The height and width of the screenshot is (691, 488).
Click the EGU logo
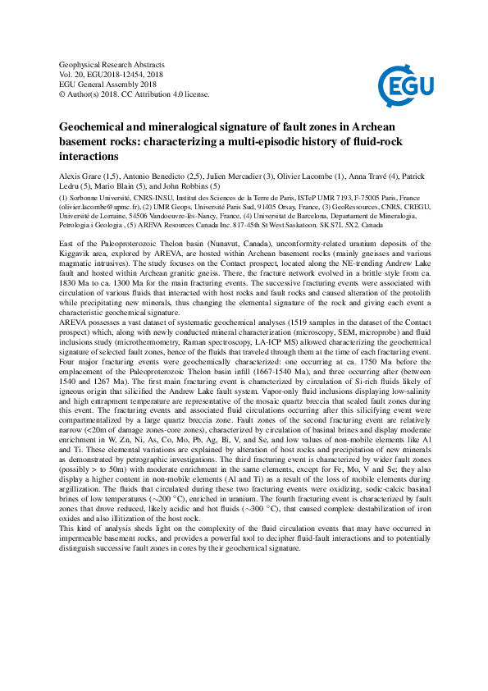coord(399,84)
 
